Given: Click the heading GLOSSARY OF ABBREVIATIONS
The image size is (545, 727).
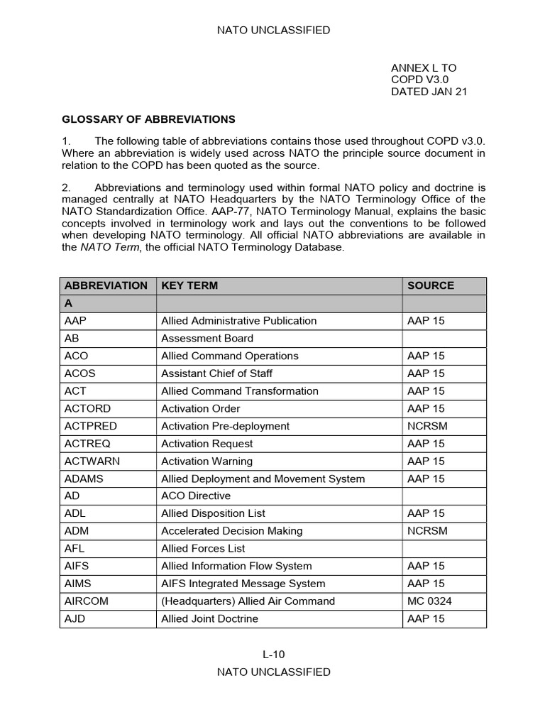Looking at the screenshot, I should click(x=148, y=119).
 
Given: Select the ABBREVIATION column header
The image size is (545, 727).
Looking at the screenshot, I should click(x=106, y=285).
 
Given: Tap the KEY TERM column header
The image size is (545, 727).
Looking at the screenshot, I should click(x=189, y=285).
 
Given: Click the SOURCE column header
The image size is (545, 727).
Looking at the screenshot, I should click(x=430, y=285).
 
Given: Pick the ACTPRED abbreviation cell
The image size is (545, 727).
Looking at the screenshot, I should click(x=90, y=426).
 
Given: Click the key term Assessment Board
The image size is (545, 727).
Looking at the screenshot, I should click(x=207, y=338).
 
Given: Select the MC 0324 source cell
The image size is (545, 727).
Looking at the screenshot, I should click(x=429, y=601).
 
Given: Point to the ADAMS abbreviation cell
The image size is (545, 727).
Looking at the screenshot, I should click(x=83, y=479).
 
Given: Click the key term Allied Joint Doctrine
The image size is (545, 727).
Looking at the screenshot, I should click(x=209, y=618).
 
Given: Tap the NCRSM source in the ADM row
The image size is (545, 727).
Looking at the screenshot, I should click(x=427, y=531).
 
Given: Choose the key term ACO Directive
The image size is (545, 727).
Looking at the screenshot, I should click(x=196, y=496).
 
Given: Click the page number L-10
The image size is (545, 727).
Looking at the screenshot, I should click(x=273, y=655).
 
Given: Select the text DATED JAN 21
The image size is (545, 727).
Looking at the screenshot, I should click(x=429, y=92).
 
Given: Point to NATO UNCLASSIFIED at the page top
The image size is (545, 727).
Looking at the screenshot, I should click(x=273, y=30).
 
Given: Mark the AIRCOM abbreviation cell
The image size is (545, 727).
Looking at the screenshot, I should click(x=87, y=601).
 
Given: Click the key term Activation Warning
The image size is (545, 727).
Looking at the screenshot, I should click(x=207, y=461).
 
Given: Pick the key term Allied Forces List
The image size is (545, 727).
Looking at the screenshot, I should click(x=203, y=548).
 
